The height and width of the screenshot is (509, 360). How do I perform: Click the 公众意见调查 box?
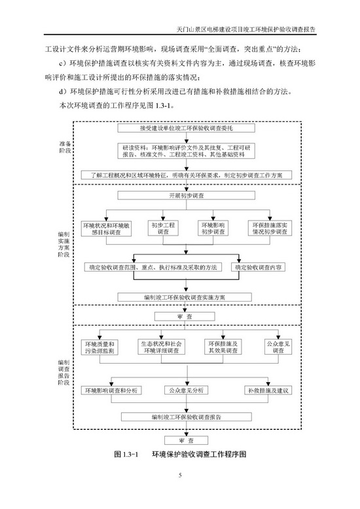(278, 347)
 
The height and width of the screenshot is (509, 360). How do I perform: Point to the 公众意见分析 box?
(186, 391)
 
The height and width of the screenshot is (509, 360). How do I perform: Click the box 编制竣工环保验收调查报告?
(185, 415)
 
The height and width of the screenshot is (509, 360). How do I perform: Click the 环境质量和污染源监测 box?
(100, 347)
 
